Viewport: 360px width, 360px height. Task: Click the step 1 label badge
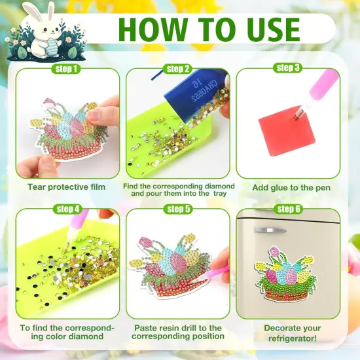(67, 69)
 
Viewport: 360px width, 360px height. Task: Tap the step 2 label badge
(178, 69)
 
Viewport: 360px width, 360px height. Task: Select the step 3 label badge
(288, 68)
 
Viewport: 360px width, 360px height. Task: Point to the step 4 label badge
(67, 209)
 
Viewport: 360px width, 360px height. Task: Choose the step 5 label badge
(178, 209)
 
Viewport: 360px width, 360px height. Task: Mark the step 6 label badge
(288, 209)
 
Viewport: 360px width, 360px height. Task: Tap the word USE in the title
(266, 29)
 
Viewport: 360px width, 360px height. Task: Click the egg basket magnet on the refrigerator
(287, 274)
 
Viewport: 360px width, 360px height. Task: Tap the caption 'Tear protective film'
(66, 187)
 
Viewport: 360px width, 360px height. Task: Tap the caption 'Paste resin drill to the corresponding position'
(178, 332)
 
